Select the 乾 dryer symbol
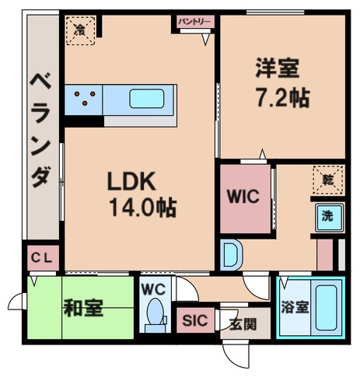point(327,180)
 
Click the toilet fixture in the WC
point(156,316)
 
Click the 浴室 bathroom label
point(295,306)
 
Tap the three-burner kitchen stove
point(85,100)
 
